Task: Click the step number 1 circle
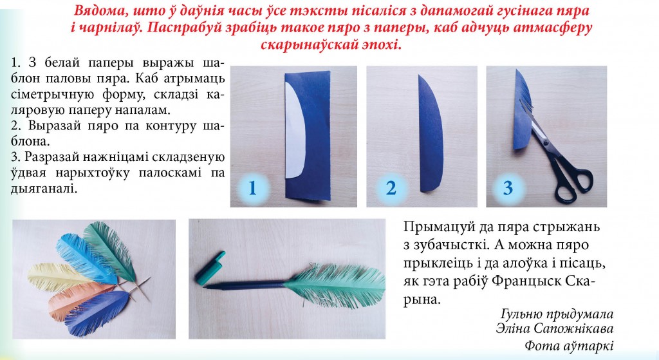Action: tap(253, 188)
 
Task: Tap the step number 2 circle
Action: tap(391, 188)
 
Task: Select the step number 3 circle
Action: tap(508, 188)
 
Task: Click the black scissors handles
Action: tap(573, 177)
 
